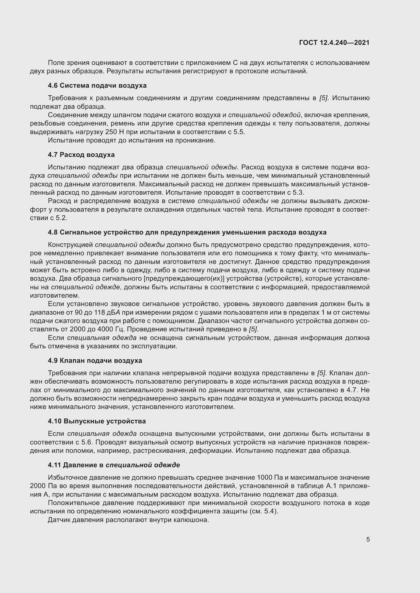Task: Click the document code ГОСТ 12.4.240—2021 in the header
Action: [334, 43]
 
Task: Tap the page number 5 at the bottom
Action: [368, 539]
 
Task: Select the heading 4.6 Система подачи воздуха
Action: [97, 85]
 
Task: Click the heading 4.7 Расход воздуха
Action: [81, 155]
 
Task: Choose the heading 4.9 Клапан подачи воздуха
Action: [95, 360]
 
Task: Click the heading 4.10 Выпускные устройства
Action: [97, 421]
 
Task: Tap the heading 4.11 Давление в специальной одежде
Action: [114, 465]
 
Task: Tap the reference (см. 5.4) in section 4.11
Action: [264, 511]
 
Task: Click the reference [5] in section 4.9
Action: [321, 373]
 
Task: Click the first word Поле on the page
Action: [56, 63]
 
